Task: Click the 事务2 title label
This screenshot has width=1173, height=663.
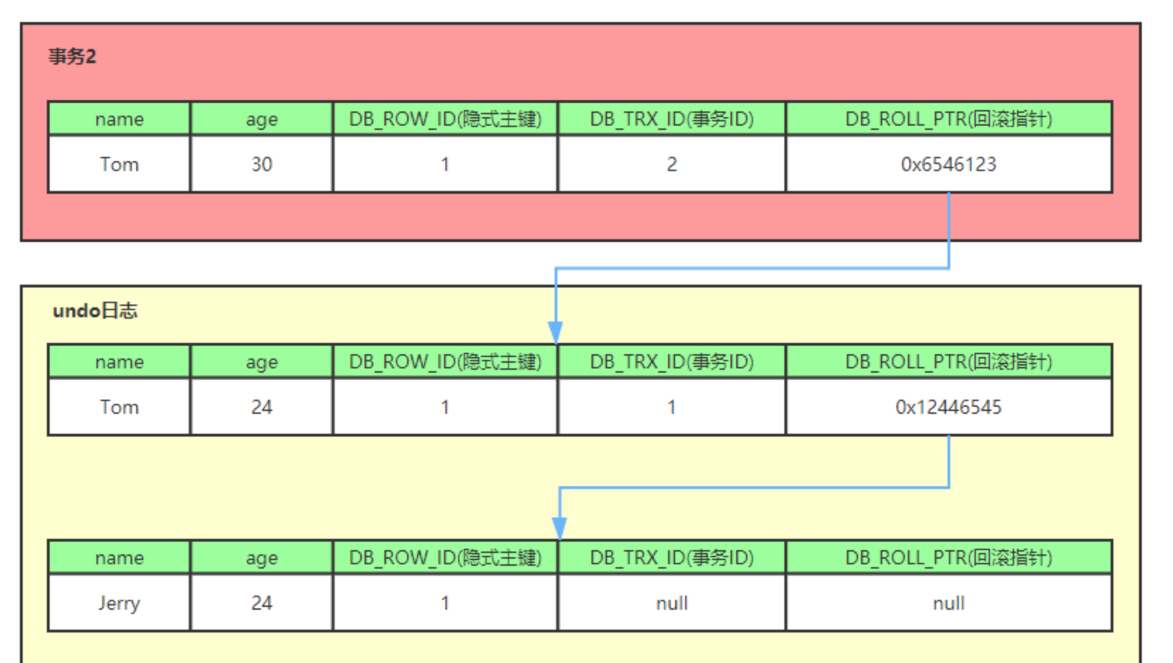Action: [72, 57]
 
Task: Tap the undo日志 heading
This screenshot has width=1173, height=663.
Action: [95, 311]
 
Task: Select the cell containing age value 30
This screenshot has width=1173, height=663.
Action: [261, 165]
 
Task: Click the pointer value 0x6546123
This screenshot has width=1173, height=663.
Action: [948, 165]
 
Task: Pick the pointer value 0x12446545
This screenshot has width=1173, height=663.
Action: [948, 407]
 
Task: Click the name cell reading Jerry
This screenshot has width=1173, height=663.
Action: [119, 603]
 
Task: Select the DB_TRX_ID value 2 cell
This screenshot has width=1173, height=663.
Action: [672, 165]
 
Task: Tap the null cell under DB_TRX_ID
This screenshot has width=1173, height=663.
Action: [672, 603]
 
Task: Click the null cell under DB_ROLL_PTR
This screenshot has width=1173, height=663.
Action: [948, 603]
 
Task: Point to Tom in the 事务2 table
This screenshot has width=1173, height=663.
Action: [119, 165]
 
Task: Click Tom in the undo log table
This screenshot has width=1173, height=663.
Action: [119, 407]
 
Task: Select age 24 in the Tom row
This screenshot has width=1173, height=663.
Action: [261, 407]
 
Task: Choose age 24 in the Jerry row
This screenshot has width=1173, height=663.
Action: [261, 603]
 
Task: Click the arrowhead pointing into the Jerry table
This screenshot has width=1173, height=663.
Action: [560, 528]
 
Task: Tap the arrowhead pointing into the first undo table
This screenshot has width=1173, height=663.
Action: [555, 331]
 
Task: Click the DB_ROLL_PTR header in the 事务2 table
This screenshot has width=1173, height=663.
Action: [948, 119]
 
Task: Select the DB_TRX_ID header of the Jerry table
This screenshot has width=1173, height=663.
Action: [672, 558]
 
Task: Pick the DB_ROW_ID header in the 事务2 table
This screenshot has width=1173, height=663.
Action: [445, 119]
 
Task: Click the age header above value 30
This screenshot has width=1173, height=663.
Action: [261, 119]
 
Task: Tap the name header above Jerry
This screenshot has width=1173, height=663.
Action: [119, 558]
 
